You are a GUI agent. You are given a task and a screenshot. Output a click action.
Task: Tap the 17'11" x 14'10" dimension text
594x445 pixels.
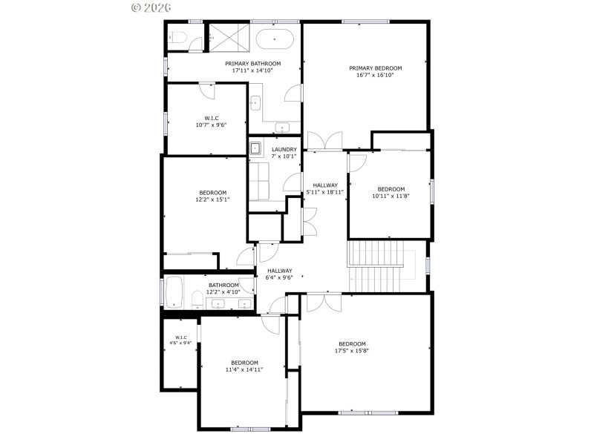click(x=253, y=71)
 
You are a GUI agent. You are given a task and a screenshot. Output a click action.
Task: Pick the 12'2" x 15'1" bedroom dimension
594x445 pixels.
click(x=212, y=199)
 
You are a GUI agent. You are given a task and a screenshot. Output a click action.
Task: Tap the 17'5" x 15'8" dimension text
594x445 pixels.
click(x=352, y=350)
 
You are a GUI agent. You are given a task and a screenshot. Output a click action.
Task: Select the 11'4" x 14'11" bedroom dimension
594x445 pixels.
click(x=244, y=369)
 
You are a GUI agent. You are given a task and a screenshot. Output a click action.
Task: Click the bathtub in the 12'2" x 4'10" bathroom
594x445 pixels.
click(x=175, y=292)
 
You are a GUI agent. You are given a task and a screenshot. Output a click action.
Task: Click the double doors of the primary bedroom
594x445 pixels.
click(x=324, y=141)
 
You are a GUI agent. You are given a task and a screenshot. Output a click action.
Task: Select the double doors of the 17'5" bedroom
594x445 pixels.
click(x=324, y=303)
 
